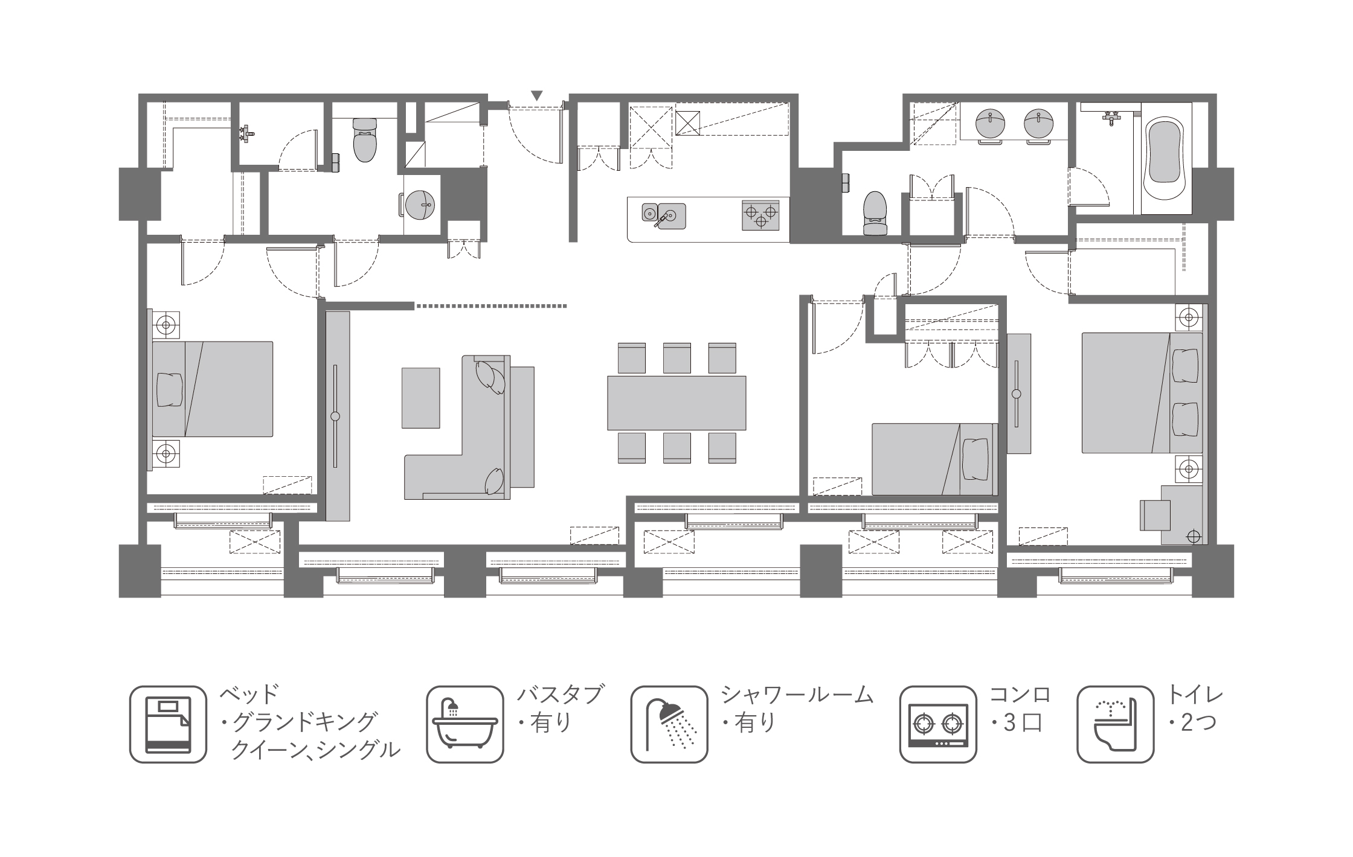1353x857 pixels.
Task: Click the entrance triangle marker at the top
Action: (x=537, y=95)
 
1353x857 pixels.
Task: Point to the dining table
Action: (x=676, y=403)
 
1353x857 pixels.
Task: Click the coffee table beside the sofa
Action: (x=421, y=398)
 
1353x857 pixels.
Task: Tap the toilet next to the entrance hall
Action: (x=364, y=140)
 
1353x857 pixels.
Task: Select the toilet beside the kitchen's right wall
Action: (x=876, y=213)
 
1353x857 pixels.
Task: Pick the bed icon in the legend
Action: (x=168, y=724)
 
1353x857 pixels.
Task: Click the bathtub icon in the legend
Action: (x=464, y=724)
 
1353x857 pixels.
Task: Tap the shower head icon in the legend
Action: (x=669, y=724)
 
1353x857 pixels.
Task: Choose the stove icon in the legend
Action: (x=938, y=724)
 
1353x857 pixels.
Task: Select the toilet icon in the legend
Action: (x=1115, y=724)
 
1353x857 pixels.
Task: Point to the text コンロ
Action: (x=1021, y=695)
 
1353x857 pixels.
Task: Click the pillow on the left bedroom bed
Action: (x=170, y=389)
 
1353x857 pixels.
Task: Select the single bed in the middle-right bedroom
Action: (x=934, y=459)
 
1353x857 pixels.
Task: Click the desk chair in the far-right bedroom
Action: (x=1155, y=514)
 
